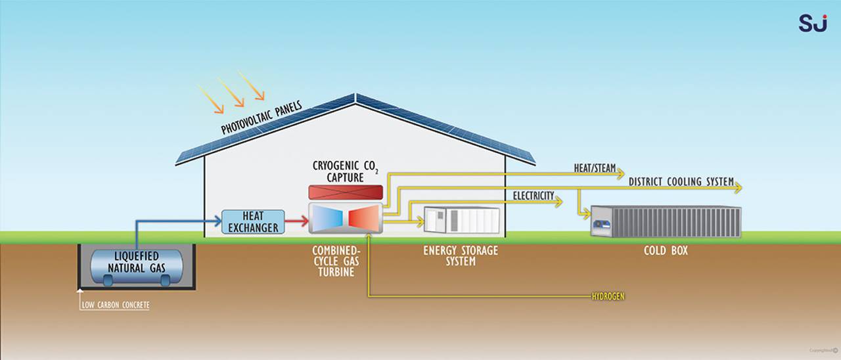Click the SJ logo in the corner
(x=813, y=22)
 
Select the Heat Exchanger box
(x=253, y=222)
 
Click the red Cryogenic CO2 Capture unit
(x=346, y=192)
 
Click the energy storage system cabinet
(x=462, y=219)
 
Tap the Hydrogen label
(x=608, y=297)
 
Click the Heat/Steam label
(x=595, y=169)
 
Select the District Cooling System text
(x=681, y=181)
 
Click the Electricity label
(x=533, y=196)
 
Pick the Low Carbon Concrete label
(x=116, y=305)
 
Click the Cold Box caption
(x=666, y=250)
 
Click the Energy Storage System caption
(x=460, y=256)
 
